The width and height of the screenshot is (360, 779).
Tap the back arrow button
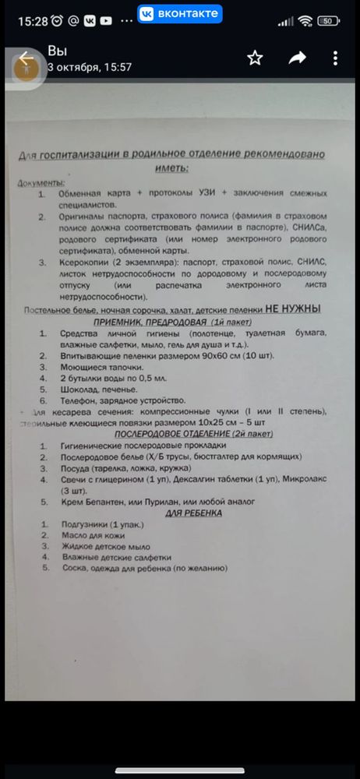[26, 59]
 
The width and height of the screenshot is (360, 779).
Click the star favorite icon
[255, 58]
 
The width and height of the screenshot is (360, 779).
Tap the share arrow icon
[297, 58]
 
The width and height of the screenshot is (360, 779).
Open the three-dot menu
[336, 58]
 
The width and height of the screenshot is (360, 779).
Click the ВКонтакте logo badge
[180, 13]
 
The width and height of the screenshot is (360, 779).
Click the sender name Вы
[57, 51]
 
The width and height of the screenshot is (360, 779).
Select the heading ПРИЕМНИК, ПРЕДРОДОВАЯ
[171, 322]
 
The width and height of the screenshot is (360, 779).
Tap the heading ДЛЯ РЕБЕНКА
[193, 513]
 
